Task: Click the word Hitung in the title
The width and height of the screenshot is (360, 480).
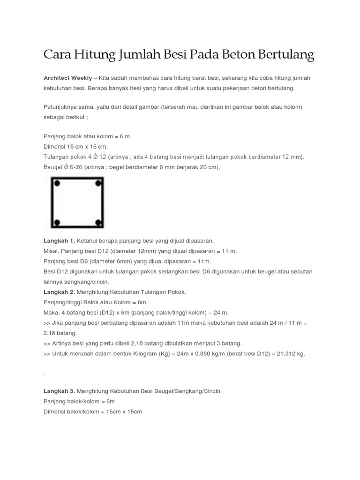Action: [x=91, y=55]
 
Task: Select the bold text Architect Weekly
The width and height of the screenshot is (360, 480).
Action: [x=67, y=77]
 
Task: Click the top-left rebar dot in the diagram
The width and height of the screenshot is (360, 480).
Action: [x=57, y=183]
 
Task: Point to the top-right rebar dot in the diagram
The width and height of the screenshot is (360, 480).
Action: [x=98, y=183]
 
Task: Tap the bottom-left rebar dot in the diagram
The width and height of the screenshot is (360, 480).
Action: [x=57, y=222]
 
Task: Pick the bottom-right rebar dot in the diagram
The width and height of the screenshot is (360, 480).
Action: [x=98, y=222]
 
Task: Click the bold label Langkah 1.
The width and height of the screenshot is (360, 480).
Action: [x=59, y=240]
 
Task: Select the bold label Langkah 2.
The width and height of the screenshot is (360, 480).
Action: [x=59, y=292]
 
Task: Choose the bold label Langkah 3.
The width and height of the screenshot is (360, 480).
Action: [x=59, y=391]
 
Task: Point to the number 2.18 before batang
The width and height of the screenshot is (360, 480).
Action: [x=51, y=333]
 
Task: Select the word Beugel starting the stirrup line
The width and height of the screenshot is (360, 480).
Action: [x=53, y=167]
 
